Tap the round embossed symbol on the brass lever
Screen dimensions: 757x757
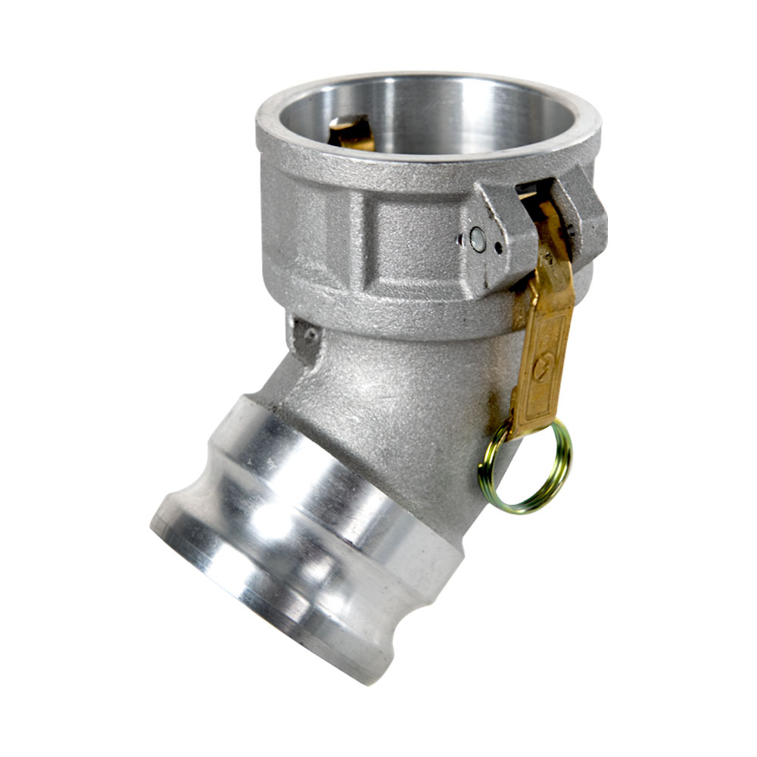point(541,369)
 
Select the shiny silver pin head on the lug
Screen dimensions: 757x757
point(477,238)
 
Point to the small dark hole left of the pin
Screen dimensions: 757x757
point(461,241)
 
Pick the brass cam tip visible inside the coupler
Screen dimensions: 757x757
point(350,132)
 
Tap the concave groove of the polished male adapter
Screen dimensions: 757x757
point(303,515)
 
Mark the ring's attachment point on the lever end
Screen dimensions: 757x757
point(516,433)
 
